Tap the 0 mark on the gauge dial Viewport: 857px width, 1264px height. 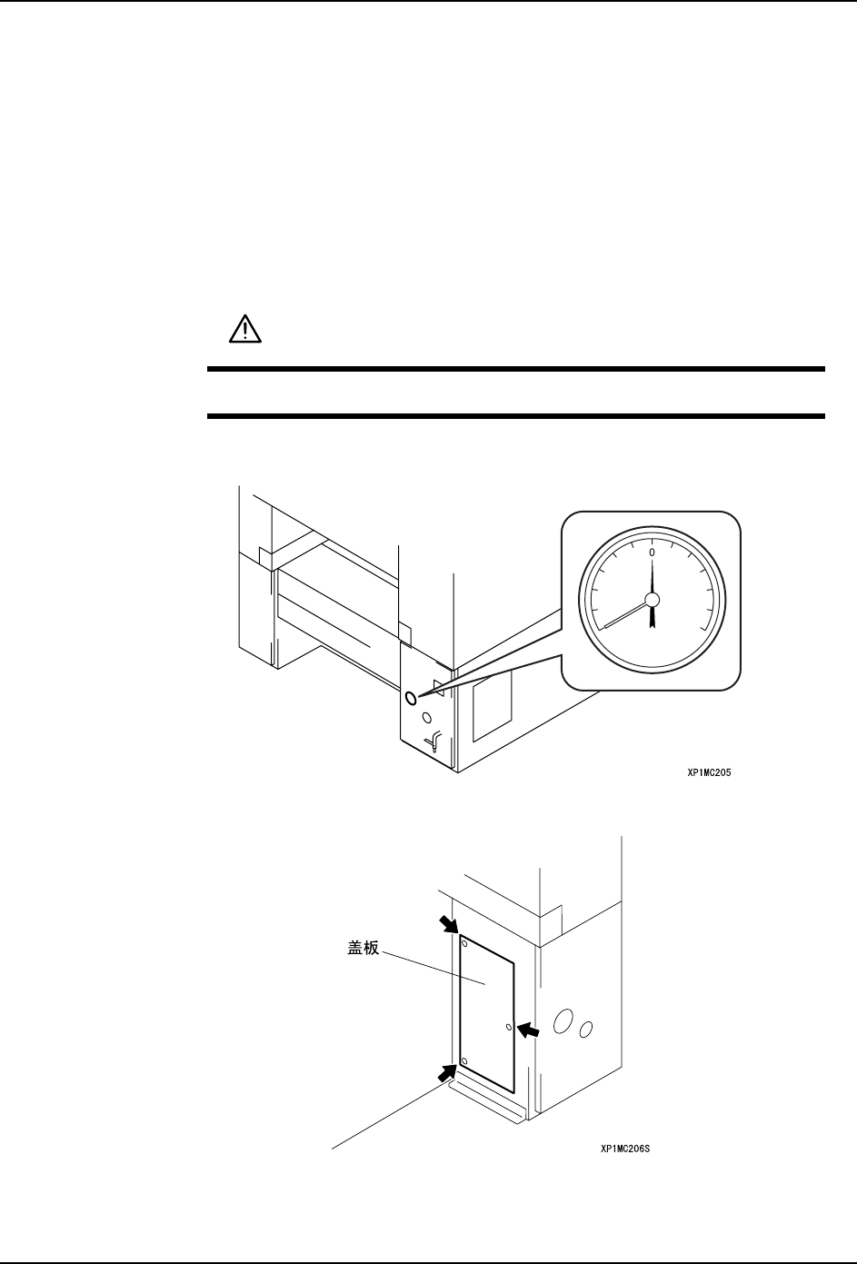(x=652, y=552)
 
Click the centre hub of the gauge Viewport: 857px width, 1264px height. (x=652, y=600)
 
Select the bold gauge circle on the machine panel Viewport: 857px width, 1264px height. (x=411, y=698)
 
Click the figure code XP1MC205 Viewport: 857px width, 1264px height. (x=709, y=773)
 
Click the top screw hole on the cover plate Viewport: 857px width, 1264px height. (x=465, y=941)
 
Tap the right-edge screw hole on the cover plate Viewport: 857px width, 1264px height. (x=509, y=1028)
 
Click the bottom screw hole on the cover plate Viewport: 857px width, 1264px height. (x=464, y=1061)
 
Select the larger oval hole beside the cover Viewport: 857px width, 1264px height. (x=563, y=1021)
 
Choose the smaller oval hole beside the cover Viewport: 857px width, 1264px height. (x=586, y=1030)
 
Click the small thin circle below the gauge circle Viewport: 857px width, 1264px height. (x=427, y=717)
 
